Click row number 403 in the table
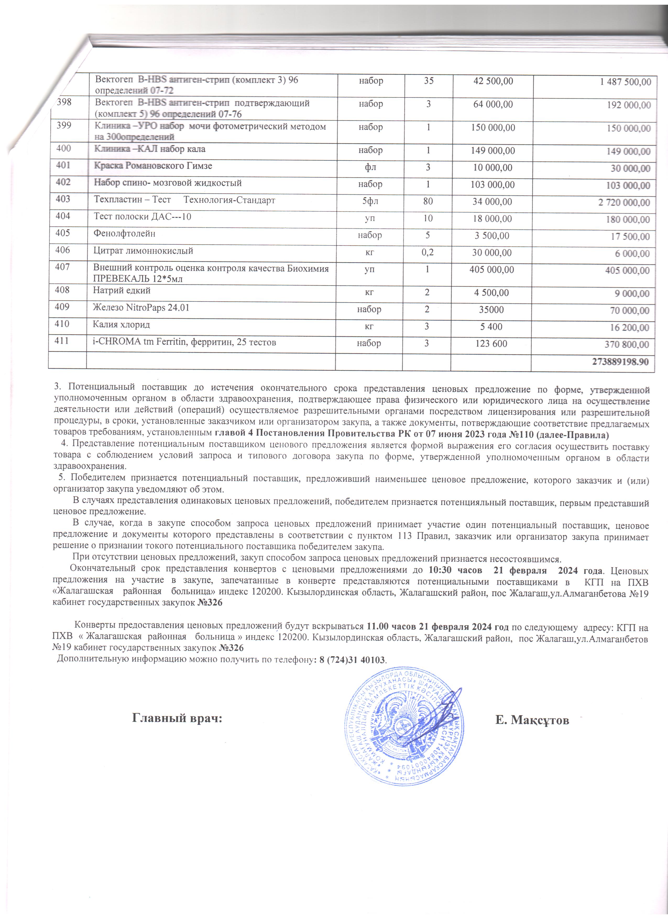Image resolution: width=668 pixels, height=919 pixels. click(63, 199)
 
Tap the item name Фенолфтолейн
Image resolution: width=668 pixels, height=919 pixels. click(124, 234)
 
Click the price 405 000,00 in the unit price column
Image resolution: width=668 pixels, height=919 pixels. click(492, 270)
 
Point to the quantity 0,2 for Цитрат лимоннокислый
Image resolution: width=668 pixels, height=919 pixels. click(427, 253)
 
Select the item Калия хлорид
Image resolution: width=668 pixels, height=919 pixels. click(121, 325)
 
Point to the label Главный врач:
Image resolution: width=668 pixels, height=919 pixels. click(177, 718)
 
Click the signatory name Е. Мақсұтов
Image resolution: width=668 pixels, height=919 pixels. click(532, 720)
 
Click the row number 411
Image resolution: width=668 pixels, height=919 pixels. click(62, 341)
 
